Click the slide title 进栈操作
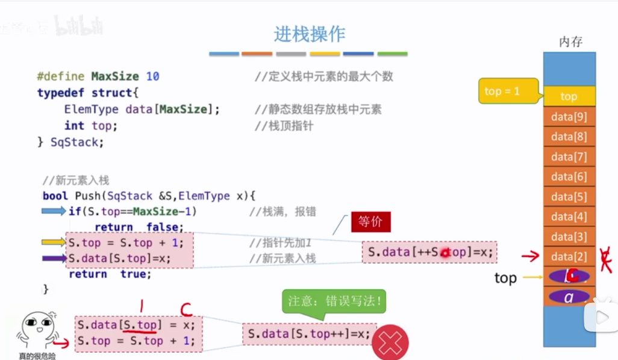310,34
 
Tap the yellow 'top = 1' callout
502,92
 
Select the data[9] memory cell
569,117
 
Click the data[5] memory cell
569,197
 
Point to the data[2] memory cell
569,256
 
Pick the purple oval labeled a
569,297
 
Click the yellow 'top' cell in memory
569,96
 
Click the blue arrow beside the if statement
54,211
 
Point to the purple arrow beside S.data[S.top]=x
54,259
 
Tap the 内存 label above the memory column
570,42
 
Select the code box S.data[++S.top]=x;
429,252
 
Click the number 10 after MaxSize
152,76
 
